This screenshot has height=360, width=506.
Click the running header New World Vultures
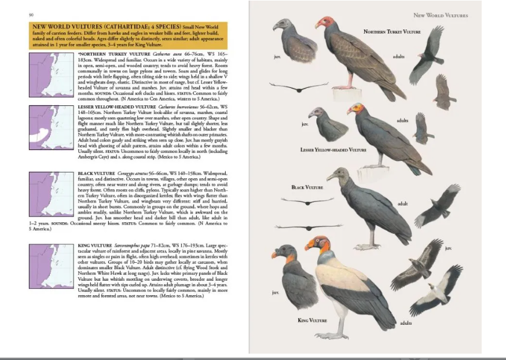(441, 15)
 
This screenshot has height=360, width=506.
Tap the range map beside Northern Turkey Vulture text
(51, 74)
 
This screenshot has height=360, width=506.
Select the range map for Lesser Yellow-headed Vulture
(51, 127)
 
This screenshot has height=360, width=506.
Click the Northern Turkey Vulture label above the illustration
(392, 32)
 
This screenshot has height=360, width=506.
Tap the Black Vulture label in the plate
(307, 188)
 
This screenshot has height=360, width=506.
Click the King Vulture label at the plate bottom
(312, 320)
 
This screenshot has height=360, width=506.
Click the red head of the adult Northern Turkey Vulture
(325, 23)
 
